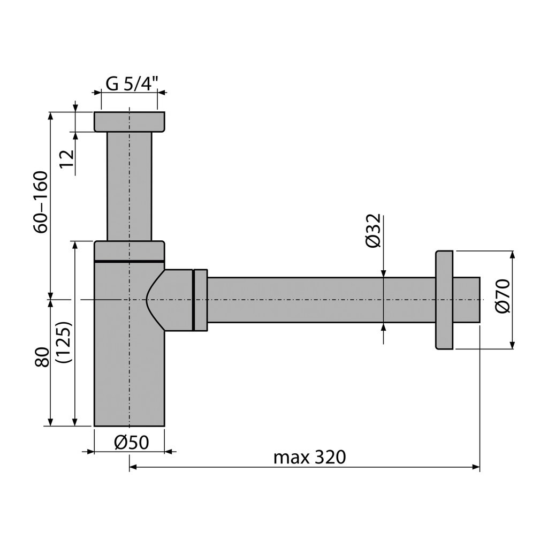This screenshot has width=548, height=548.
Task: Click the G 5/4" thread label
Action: tap(132, 84)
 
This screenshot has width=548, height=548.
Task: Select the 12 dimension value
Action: tap(67, 158)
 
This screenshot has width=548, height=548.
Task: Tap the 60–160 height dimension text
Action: tap(40, 202)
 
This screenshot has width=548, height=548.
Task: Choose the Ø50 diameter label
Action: tap(132, 443)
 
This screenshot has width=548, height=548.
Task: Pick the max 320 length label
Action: tap(310, 457)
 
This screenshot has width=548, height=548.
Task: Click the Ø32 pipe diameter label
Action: tap(374, 230)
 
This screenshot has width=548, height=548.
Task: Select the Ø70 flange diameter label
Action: tap(503, 296)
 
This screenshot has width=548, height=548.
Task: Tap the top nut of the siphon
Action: tap(130, 121)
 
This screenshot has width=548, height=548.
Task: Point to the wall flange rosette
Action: tap(444, 300)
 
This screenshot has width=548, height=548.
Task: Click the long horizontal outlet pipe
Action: tap(322, 300)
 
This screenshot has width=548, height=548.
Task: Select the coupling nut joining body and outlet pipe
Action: tap(200, 300)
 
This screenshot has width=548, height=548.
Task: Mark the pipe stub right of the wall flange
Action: tap(467, 300)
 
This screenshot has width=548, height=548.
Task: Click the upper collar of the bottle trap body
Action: tap(130, 250)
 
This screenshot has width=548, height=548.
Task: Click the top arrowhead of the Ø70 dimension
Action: tap(512, 255)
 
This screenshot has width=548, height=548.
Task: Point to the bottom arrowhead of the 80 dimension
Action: tap(51, 422)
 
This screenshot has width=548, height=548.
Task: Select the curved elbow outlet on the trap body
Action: tap(170, 300)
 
